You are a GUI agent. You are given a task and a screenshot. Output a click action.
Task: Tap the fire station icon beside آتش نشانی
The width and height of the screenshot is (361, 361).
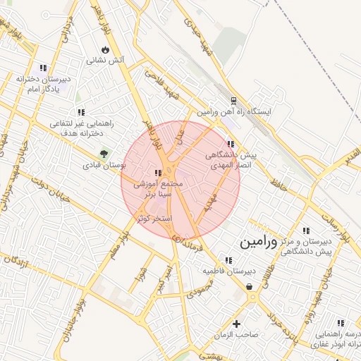pos(105,50)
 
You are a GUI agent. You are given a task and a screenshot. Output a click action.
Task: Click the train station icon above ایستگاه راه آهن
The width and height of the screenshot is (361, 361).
pos(234,100)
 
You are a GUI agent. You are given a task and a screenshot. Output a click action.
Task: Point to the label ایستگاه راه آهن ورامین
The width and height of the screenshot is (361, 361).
pos(233,112)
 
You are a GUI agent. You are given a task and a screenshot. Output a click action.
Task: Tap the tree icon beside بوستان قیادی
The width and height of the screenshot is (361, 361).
pos(104,153)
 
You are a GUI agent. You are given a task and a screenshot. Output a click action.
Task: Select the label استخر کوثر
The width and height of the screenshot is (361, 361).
pos(154,219)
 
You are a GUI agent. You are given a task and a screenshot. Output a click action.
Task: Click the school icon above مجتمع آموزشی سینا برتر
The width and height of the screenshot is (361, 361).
pos(159,173)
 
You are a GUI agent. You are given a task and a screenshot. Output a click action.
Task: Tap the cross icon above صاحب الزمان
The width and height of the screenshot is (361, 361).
pos(236,323)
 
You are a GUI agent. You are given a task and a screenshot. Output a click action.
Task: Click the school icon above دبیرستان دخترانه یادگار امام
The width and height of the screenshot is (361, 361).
pos(44,68)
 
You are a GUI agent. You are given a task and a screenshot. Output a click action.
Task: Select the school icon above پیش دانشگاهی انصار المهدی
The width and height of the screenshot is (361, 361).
pos(231,144)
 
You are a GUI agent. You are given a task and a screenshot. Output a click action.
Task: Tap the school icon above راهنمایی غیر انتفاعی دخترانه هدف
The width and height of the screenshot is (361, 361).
pos(82,111)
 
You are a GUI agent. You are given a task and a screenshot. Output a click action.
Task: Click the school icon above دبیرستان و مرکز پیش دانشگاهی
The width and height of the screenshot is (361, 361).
pos(305,231)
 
